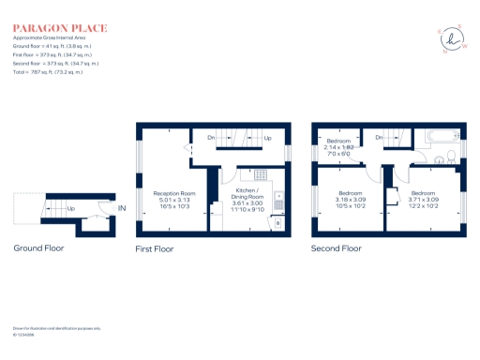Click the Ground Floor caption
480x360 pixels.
click(x=38, y=248)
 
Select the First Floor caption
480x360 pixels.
click(x=156, y=248)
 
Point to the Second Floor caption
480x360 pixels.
click(x=337, y=248)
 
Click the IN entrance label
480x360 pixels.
click(x=121, y=207)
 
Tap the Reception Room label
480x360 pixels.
click(x=174, y=200)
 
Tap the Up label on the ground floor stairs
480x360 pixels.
click(x=70, y=208)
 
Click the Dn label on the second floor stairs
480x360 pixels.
click(x=378, y=137)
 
